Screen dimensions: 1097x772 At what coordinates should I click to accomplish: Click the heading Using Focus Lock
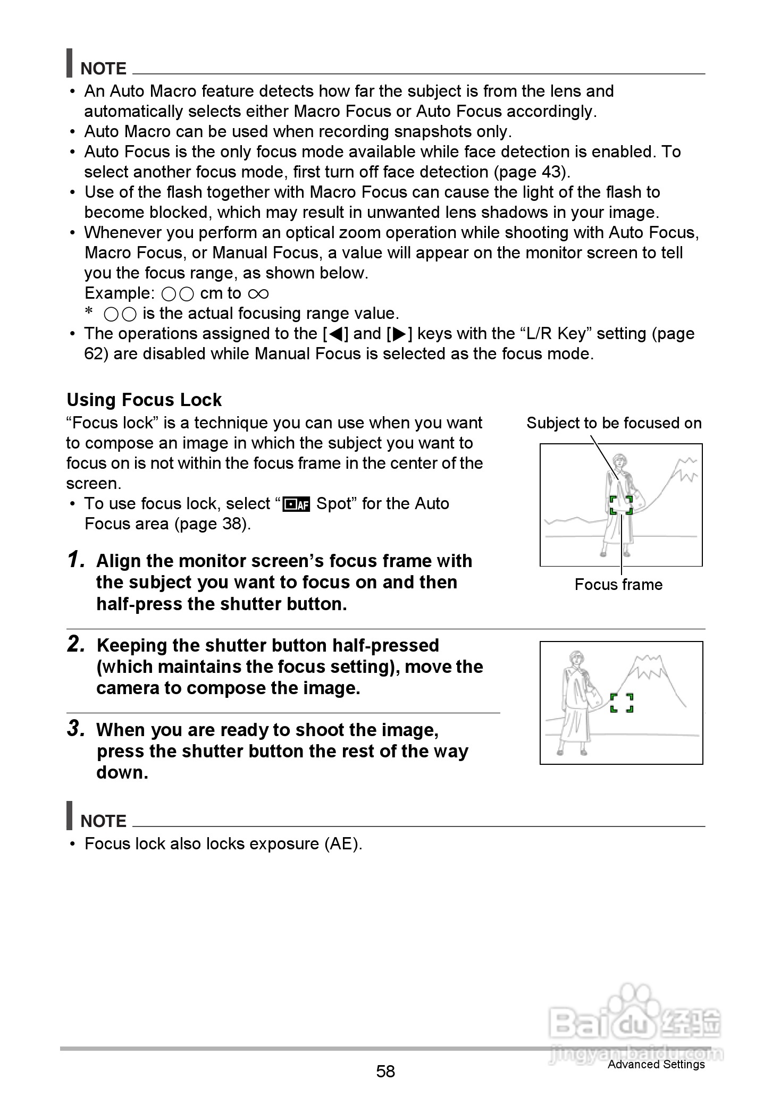tap(144, 400)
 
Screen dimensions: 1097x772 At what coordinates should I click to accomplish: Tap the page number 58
tap(385, 1071)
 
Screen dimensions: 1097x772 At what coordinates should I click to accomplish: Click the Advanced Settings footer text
tap(656, 1064)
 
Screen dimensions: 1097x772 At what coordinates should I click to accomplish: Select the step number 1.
tap(77, 560)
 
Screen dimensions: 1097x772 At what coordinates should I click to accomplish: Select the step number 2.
tap(77, 644)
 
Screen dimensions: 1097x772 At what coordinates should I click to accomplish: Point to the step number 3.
tap(77, 729)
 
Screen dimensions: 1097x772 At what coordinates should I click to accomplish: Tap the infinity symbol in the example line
tap(258, 293)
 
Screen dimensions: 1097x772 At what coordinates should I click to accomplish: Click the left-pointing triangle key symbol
tap(335, 334)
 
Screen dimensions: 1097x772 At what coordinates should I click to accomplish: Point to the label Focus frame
tap(618, 585)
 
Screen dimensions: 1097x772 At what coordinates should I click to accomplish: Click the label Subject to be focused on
tap(614, 423)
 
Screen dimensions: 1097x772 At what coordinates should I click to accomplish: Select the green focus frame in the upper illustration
tap(621, 505)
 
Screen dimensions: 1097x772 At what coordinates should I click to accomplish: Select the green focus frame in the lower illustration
tap(622, 703)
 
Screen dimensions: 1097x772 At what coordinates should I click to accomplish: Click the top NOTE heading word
tap(103, 69)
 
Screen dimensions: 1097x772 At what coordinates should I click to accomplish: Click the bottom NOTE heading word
tap(103, 821)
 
